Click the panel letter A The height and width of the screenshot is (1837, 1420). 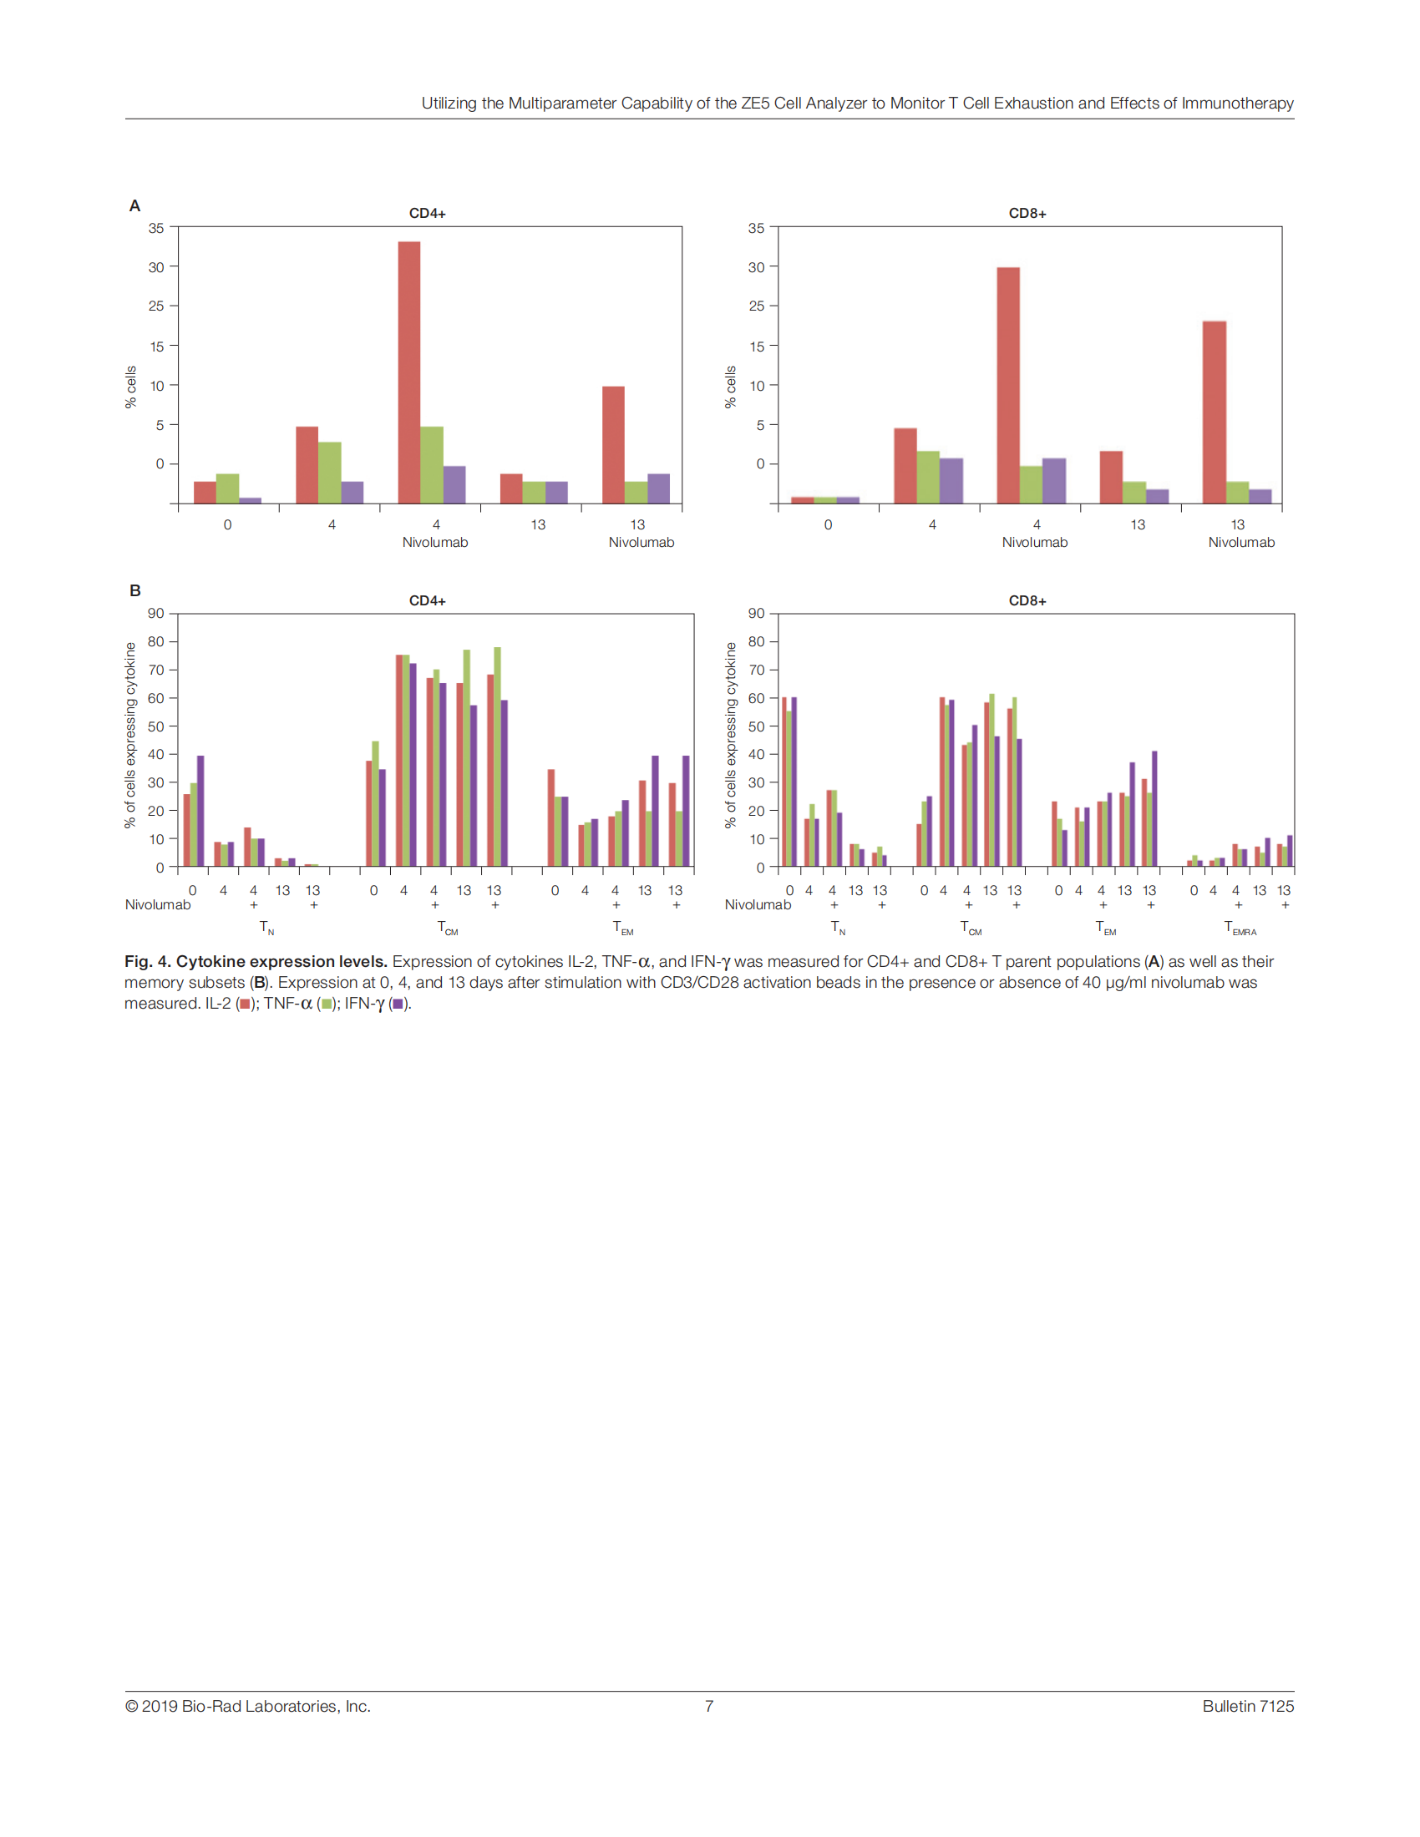(x=134, y=206)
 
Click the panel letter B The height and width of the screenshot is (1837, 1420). (x=134, y=590)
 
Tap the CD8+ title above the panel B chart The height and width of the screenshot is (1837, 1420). (x=1027, y=600)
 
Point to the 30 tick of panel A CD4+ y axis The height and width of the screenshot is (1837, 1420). (x=156, y=267)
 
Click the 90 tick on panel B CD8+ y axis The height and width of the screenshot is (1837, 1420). (x=756, y=614)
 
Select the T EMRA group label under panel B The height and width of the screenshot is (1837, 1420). (x=1239, y=928)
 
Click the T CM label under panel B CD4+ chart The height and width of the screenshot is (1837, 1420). (x=448, y=928)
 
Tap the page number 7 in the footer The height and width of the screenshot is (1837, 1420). (x=709, y=1706)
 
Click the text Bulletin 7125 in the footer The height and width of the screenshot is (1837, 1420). (x=1248, y=1706)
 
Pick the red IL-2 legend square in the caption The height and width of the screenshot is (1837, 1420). (x=245, y=1004)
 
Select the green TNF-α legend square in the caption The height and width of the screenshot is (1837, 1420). (x=327, y=1004)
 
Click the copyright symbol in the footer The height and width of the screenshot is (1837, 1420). (x=132, y=1706)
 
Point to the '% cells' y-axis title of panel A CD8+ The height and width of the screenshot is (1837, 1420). (x=730, y=387)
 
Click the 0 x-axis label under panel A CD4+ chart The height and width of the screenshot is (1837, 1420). (x=227, y=525)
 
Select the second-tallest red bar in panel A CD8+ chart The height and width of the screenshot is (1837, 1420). (x=1214, y=412)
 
